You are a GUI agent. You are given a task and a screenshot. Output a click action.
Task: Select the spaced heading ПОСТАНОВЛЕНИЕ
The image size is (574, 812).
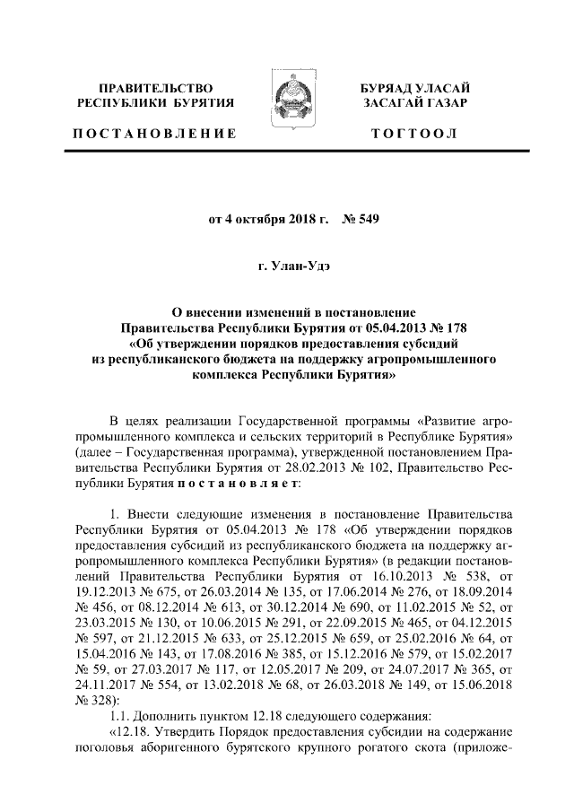click(155, 134)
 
